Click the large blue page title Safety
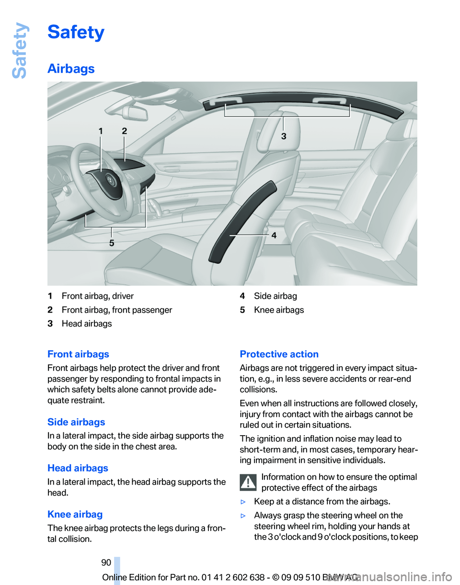76,33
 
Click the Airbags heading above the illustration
71,68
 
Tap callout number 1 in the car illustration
101,130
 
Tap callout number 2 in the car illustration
124,130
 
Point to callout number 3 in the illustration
284,136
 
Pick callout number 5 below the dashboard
112,243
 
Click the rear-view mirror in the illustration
136,113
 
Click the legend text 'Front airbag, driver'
98,296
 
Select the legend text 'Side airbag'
275,296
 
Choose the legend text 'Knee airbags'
278,310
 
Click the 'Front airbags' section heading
78,354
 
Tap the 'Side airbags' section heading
76,422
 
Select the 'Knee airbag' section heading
75,515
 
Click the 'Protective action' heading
279,354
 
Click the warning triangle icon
248,483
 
